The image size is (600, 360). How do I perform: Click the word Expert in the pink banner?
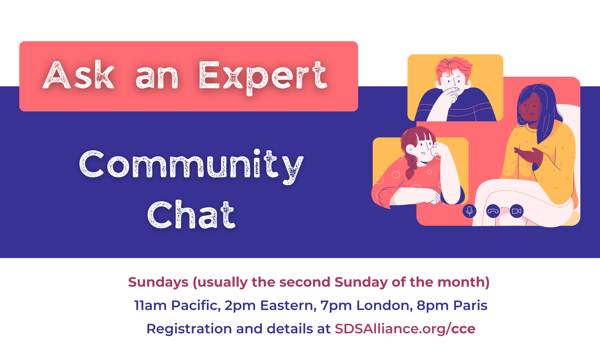(263, 77)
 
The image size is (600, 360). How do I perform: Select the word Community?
(191, 166)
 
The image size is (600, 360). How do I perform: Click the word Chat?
(191, 215)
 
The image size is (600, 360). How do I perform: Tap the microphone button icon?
(469, 211)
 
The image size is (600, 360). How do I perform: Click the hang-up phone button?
(493, 211)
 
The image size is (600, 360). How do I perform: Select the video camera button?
(517, 211)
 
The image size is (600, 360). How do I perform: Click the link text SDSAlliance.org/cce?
(405, 329)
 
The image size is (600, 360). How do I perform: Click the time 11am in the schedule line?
(150, 305)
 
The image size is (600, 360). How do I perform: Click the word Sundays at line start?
(158, 282)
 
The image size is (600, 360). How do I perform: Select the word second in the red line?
(305, 282)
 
